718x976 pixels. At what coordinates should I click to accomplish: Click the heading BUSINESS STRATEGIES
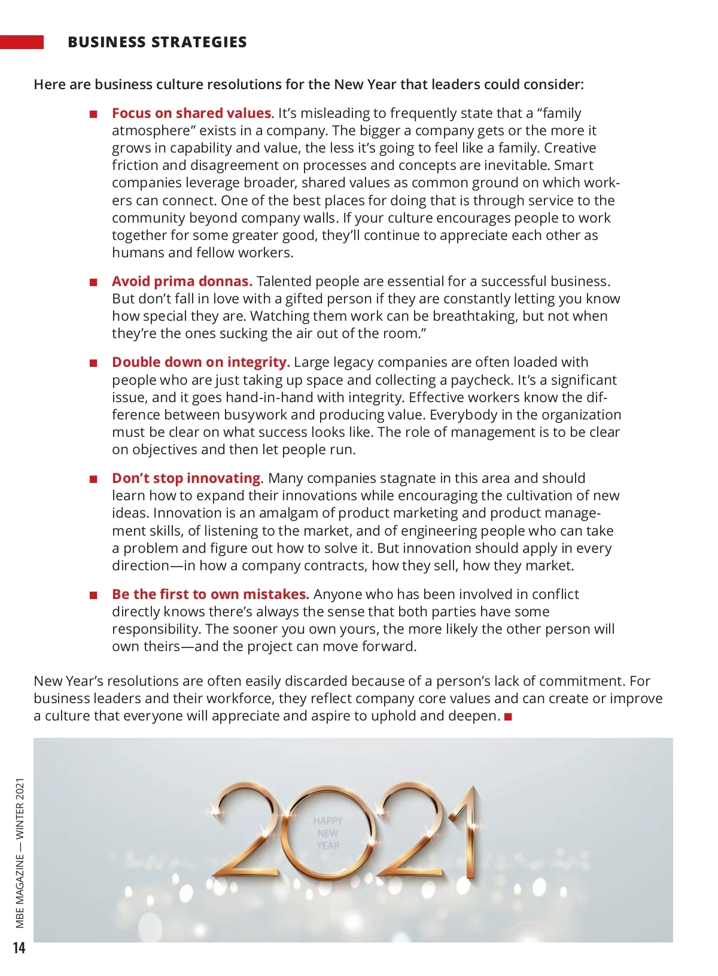[157, 42]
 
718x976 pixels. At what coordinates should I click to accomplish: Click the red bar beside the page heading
[22, 42]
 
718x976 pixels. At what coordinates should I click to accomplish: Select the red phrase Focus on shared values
[191, 113]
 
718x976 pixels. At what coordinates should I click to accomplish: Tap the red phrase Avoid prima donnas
[182, 281]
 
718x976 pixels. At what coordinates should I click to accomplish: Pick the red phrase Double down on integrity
[200, 362]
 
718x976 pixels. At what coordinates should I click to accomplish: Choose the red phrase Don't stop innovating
[186, 478]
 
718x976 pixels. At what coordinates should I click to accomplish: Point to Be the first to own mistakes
[210, 594]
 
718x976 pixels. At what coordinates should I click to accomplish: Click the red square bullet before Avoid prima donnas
[93, 282]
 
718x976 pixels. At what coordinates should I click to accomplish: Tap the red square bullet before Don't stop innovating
[93, 479]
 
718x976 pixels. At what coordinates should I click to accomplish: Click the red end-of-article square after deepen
[509, 717]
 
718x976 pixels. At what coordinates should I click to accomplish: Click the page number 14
[19, 948]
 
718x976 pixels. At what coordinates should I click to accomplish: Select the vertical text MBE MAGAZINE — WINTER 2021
[20, 853]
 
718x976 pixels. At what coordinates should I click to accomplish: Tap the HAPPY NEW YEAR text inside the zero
[328, 833]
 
